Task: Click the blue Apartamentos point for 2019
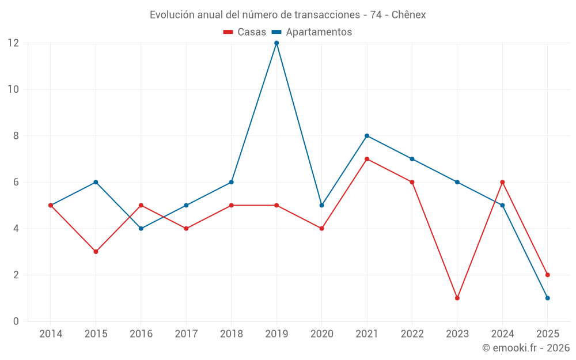click(276, 43)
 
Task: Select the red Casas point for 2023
click(457, 298)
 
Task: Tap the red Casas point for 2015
click(96, 252)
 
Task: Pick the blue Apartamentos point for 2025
click(547, 298)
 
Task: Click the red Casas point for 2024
click(502, 182)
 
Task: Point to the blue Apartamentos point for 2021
click(367, 136)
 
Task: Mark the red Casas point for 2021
click(367, 159)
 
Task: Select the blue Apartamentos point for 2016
click(141, 229)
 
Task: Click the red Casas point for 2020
click(321, 229)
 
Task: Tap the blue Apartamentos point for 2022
click(412, 159)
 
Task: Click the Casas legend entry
click(245, 32)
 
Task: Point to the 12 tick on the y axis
click(13, 43)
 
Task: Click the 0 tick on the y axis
click(16, 321)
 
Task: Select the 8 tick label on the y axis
click(16, 136)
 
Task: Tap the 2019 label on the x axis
click(276, 334)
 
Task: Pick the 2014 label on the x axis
click(51, 334)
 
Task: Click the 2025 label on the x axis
click(547, 334)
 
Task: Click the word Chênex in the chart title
click(408, 15)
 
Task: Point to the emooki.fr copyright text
click(526, 348)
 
